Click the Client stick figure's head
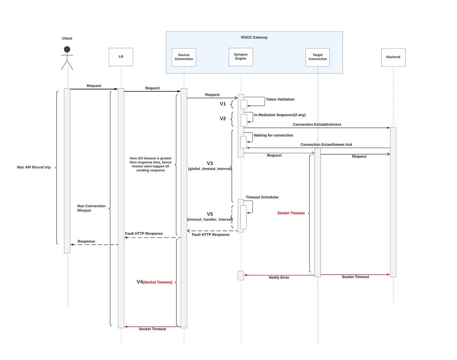pos(67,49)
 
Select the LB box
pos(121,57)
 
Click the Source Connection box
pos(184,57)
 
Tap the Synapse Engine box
pos(241,57)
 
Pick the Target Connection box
pos(318,57)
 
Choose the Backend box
pos(393,57)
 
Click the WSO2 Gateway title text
pos(254,37)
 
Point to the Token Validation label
pos(280,99)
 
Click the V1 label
pos(223,104)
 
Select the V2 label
pos(223,118)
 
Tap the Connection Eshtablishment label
pos(317,125)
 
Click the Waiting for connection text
pos(273,135)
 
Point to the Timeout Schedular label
pos(262,197)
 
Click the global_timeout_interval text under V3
pos(210,169)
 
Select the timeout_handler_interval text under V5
pos(209,219)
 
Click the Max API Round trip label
pos(34,167)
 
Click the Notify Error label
pos(279,278)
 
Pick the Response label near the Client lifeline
pos(86,242)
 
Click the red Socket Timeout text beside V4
pos(158,282)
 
